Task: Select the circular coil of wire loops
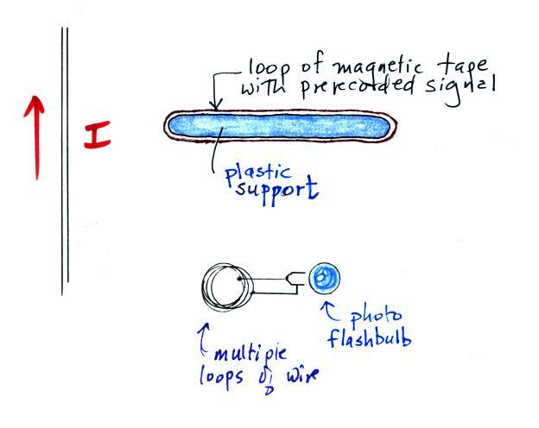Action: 227,282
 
